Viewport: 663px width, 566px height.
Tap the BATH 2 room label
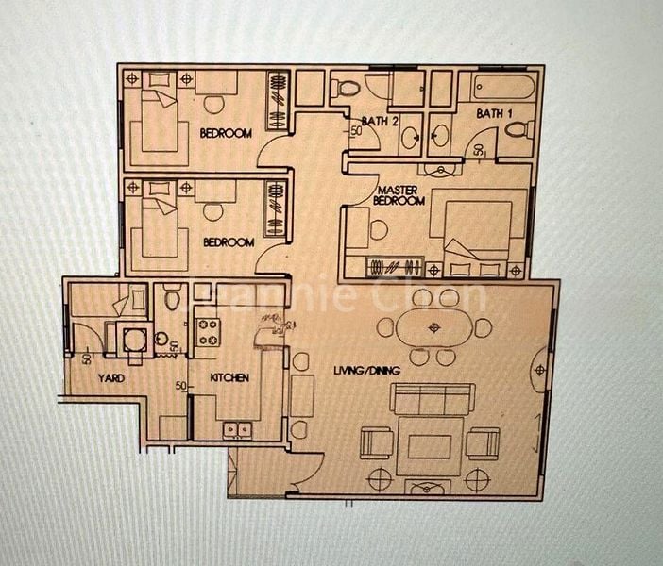coord(379,120)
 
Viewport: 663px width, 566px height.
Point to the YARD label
coord(112,377)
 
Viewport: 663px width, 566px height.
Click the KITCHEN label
coord(229,377)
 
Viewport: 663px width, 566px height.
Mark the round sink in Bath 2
coord(411,138)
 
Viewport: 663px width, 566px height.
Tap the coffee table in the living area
coord(430,443)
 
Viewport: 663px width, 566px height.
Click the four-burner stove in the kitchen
coord(207,331)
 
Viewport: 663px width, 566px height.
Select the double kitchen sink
coord(236,430)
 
